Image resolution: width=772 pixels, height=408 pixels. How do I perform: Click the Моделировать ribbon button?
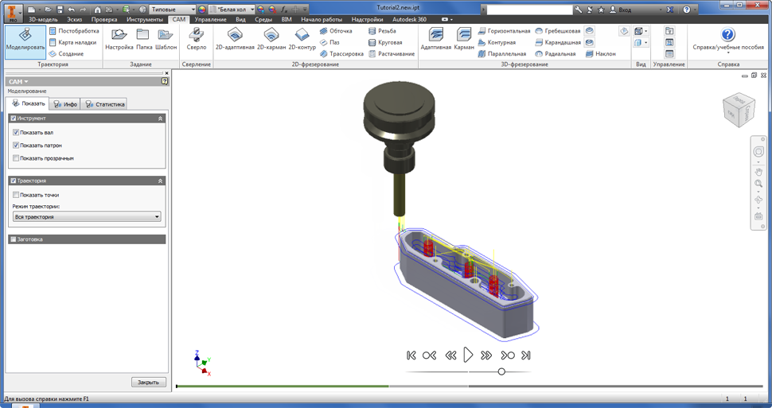tap(25, 42)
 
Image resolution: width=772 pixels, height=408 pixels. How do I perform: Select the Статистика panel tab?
tap(105, 104)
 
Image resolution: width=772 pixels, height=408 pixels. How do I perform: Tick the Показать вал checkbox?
tap(16, 132)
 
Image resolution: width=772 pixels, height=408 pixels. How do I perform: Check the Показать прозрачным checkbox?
tap(16, 158)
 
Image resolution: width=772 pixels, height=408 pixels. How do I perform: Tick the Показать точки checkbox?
tap(16, 195)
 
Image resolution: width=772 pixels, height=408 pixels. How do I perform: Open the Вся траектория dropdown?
tap(87, 216)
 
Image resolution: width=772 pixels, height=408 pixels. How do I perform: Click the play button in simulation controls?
tap(468, 355)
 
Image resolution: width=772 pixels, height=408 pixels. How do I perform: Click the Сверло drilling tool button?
tap(197, 40)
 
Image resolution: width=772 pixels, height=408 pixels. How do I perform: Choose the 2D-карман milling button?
tap(271, 40)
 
